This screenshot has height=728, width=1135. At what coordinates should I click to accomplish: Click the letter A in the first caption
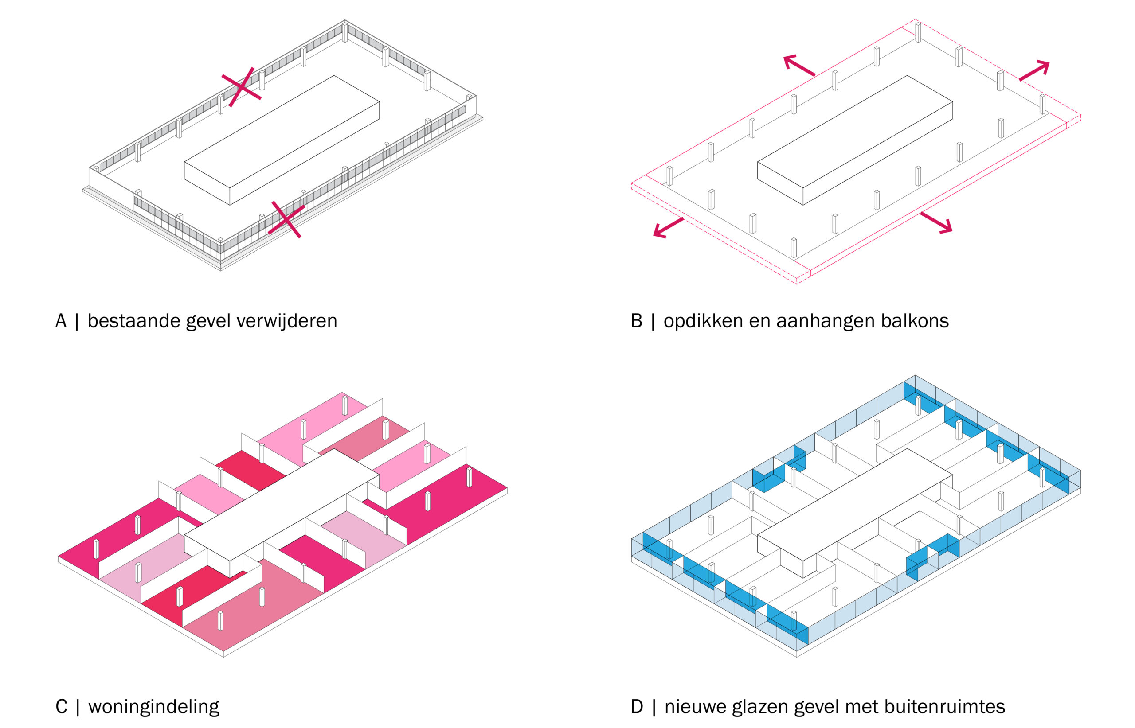click(61, 321)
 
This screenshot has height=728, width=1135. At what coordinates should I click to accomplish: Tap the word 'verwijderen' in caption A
click(286, 321)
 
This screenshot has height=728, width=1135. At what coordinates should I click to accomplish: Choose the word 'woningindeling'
click(154, 708)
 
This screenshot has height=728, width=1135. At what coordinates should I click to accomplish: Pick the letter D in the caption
click(637, 707)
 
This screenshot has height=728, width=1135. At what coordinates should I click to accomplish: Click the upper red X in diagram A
click(241, 87)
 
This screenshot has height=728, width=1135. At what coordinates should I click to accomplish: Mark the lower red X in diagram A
click(286, 219)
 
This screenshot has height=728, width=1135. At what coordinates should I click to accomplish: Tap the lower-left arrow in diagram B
click(668, 227)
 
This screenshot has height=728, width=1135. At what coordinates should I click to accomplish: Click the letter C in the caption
click(61, 707)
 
